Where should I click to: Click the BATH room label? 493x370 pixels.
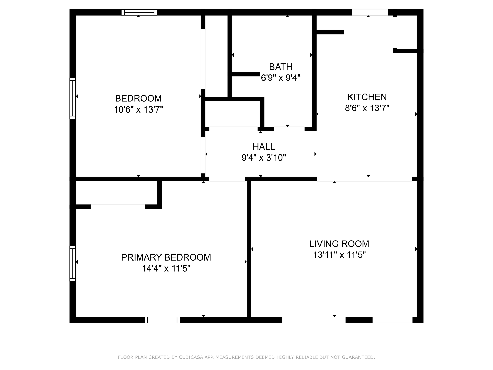[280, 67]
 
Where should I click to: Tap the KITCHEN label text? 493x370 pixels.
[367, 97]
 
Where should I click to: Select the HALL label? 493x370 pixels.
[264, 147]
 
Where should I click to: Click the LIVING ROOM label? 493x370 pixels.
[339, 244]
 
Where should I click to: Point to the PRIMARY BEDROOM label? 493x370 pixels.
[166, 257]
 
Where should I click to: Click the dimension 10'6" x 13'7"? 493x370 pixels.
[138, 110]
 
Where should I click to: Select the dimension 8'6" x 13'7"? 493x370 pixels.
[367, 108]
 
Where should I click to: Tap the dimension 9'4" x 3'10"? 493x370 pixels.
[264, 158]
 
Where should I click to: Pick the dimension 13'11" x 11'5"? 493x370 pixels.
[339, 255]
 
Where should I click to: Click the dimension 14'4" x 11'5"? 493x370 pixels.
[166, 269]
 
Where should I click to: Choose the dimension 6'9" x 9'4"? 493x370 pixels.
[280, 78]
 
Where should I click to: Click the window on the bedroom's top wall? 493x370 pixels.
[139, 12]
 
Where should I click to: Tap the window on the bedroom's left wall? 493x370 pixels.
[73, 98]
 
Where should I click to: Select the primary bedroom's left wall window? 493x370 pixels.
[73, 263]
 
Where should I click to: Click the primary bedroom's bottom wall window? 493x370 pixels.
[162, 320]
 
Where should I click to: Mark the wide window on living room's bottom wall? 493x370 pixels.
[314, 320]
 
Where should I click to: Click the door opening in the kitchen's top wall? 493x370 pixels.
[370, 12]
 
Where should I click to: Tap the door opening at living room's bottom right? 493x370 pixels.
[392, 320]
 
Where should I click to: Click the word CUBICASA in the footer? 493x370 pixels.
[191, 357]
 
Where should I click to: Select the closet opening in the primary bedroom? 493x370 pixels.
[118, 206]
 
